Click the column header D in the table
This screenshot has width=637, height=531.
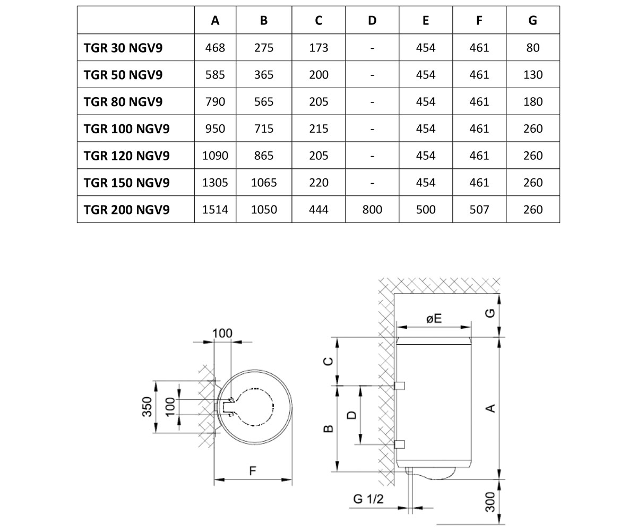click(372, 21)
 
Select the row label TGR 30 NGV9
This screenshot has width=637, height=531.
click(123, 48)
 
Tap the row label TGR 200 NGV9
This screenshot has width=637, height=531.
click(126, 210)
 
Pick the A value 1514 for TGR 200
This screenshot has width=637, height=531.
click(215, 210)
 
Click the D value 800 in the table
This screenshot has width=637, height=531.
click(372, 210)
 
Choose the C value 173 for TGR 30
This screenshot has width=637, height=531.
click(318, 48)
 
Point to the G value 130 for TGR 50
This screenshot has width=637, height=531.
click(532, 75)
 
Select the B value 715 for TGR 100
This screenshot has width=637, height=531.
click(264, 129)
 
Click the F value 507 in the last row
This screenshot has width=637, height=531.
click(479, 210)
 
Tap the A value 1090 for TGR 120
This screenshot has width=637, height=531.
click(215, 156)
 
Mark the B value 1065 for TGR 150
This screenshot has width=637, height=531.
click(264, 183)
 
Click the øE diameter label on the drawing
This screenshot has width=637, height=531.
click(434, 318)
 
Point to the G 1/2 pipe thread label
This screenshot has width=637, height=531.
click(368, 499)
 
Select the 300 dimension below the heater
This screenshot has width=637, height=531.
click(490, 502)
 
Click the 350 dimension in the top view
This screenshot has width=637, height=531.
click(147, 407)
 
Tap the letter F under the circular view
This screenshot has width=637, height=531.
click(252, 471)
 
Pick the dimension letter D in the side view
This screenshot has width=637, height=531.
click(352, 415)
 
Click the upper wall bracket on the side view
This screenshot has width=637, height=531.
click(399, 386)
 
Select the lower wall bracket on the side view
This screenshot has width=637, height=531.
click(399, 444)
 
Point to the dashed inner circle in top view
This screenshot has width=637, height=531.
click(273, 407)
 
